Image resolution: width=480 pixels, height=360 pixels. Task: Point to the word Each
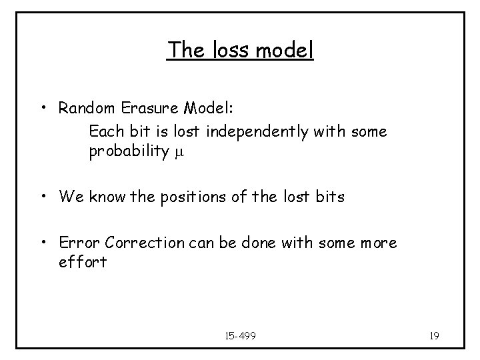[104, 131]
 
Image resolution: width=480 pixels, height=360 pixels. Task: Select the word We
[69, 197]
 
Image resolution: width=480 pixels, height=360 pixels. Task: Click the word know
[103, 197]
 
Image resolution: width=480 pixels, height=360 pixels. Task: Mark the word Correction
[141, 242]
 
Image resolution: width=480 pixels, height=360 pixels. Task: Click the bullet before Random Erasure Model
[43, 109]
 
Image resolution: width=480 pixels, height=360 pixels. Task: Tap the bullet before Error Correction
[43, 243]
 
